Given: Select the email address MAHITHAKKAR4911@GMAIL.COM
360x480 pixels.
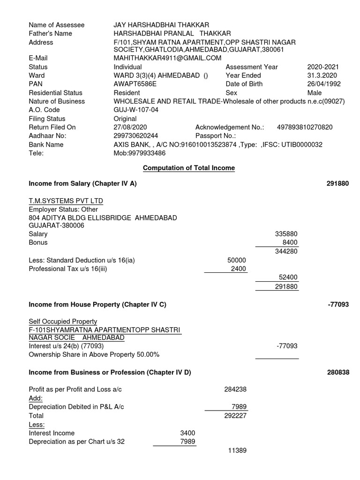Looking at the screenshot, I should (167, 58).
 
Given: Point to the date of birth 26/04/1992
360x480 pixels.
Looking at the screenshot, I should (324, 84).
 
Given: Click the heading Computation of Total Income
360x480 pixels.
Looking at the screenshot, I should (188, 168).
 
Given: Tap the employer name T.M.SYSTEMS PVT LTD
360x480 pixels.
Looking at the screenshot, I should (66, 201).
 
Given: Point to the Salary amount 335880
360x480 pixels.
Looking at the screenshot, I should (286, 234).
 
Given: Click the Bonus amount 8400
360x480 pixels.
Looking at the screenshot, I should (290, 242).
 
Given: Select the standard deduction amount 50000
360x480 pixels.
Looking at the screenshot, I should (236, 260).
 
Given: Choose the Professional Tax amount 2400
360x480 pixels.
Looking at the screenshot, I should (238, 269).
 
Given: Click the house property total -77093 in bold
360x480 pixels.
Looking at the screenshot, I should (338, 305).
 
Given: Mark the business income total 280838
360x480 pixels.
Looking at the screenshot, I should (338, 372).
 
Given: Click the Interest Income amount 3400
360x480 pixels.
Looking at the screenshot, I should (187, 433).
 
